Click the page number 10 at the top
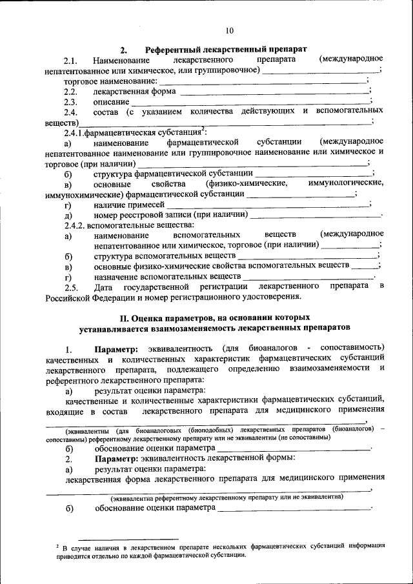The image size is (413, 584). point(230,30)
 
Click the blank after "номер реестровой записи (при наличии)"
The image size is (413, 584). point(316,214)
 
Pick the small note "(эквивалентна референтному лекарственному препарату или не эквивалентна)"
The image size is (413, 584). point(226,498)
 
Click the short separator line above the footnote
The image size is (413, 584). point(128,538)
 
